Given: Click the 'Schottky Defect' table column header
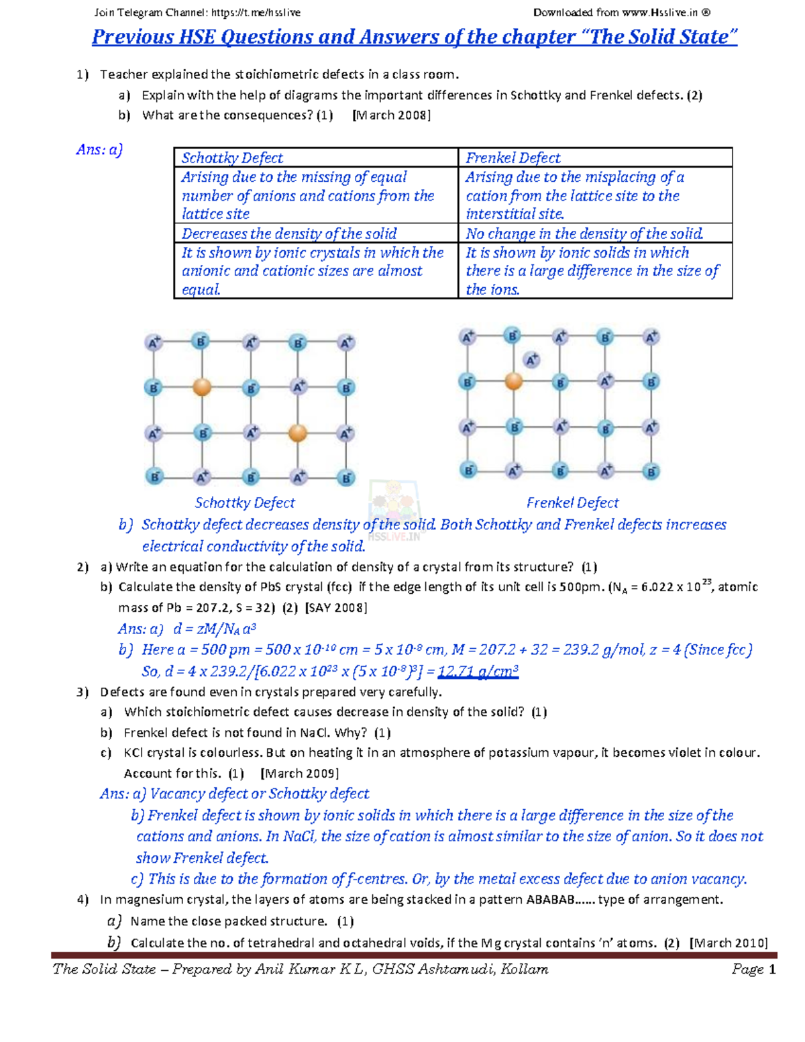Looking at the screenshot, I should [232, 158].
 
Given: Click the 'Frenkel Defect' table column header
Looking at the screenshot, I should [513, 158].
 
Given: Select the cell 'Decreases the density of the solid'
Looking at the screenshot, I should [289, 233].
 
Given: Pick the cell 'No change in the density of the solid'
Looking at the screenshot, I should [584, 233].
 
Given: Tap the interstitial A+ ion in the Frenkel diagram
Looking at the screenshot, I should [532, 360].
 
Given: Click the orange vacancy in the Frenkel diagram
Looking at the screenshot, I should [513, 381].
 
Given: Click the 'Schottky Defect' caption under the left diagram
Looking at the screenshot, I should [245, 503].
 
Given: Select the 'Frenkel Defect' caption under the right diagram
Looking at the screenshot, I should [572, 503].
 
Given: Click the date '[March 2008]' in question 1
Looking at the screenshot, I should [391, 115].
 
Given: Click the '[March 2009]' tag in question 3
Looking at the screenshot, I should [299, 773].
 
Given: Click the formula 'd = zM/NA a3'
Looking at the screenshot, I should [215, 629].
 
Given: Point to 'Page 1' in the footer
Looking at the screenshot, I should [753, 969].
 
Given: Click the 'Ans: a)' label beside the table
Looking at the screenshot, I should [99, 150].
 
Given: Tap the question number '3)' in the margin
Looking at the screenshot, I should [83, 692].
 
